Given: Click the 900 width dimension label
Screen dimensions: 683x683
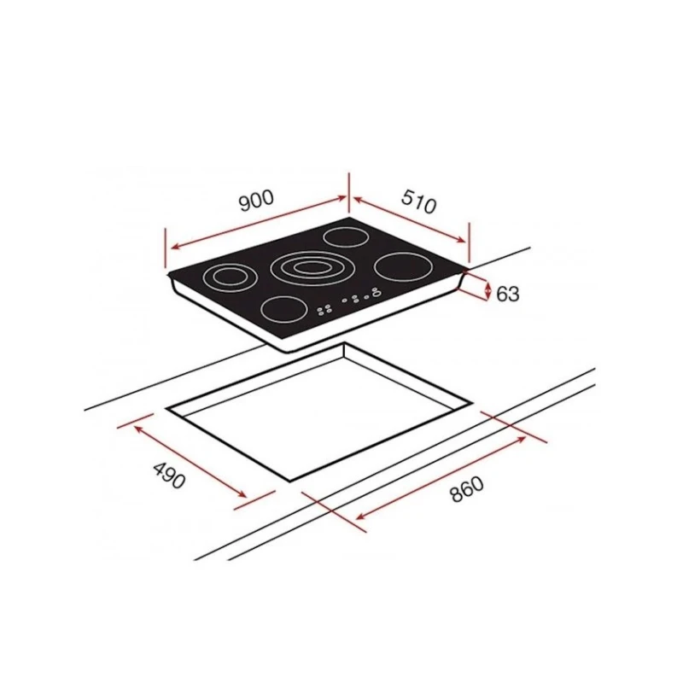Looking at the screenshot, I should pyautogui.click(x=255, y=201).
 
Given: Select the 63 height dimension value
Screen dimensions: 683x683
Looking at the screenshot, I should pyautogui.click(x=507, y=293).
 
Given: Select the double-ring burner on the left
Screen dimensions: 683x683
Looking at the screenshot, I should pyautogui.click(x=228, y=277).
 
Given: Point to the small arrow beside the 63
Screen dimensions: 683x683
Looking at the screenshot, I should pyautogui.click(x=487, y=292).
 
